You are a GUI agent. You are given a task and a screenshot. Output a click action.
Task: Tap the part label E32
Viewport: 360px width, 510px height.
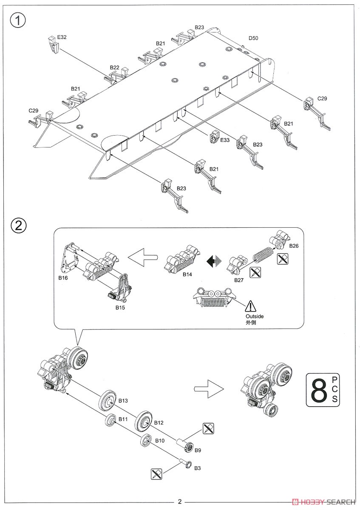point(62,37)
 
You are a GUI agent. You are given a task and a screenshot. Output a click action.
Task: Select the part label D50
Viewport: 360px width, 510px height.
point(253,38)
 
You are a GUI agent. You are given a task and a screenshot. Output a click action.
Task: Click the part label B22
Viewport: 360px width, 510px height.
point(114,68)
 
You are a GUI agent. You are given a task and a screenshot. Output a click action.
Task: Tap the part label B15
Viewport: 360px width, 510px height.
point(120,306)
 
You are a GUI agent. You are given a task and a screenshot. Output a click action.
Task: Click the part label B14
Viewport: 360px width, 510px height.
point(187,275)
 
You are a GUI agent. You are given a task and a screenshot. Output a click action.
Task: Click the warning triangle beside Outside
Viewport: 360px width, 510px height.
point(251,306)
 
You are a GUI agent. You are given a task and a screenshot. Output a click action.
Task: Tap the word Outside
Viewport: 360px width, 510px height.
point(255,316)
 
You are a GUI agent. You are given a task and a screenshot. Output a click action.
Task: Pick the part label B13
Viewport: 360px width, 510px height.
point(123,400)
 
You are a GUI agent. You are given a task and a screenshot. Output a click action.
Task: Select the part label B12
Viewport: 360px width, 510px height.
point(159,422)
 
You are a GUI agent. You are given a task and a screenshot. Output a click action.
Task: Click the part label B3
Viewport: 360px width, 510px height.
point(197,468)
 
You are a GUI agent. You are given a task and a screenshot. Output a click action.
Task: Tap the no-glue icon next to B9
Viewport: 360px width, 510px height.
point(208,429)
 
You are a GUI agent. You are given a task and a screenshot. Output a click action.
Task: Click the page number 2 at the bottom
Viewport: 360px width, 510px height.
point(180,501)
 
